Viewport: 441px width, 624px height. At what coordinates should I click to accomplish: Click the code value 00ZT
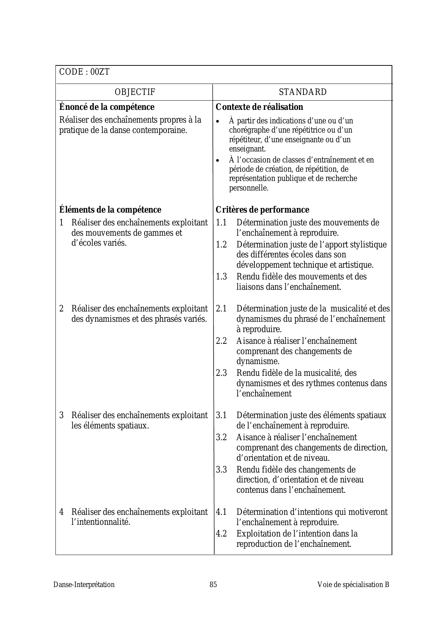click(x=100, y=72)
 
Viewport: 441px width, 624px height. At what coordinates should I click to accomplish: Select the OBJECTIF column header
click(x=135, y=92)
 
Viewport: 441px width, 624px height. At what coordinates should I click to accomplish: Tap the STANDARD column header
click(x=303, y=92)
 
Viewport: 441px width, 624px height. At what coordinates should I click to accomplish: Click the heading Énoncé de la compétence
click(x=107, y=107)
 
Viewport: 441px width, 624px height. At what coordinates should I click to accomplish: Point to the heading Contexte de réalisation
click(x=259, y=107)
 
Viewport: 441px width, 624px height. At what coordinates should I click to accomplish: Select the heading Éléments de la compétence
click(x=110, y=210)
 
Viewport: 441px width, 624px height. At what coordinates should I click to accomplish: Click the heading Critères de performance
click(x=262, y=210)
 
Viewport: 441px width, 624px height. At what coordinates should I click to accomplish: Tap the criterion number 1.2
click(x=221, y=245)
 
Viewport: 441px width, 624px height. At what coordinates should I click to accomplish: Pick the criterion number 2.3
click(x=221, y=373)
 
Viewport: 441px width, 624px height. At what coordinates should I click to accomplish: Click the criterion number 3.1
click(x=221, y=415)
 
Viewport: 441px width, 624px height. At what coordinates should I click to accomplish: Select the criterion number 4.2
click(x=221, y=534)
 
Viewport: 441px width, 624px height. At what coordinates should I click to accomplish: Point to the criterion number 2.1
click(x=221, y=309)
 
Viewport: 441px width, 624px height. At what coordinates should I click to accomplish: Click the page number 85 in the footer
click(x=213, y=585)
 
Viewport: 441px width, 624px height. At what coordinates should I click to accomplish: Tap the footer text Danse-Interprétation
click(x=84, y=585)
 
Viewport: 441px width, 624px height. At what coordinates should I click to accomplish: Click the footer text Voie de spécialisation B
click(x=353, y=585)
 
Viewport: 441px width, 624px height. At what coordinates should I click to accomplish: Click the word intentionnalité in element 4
click(x=101, y=522)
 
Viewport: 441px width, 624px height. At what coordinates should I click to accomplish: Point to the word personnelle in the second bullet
click(x=249, y=188)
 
